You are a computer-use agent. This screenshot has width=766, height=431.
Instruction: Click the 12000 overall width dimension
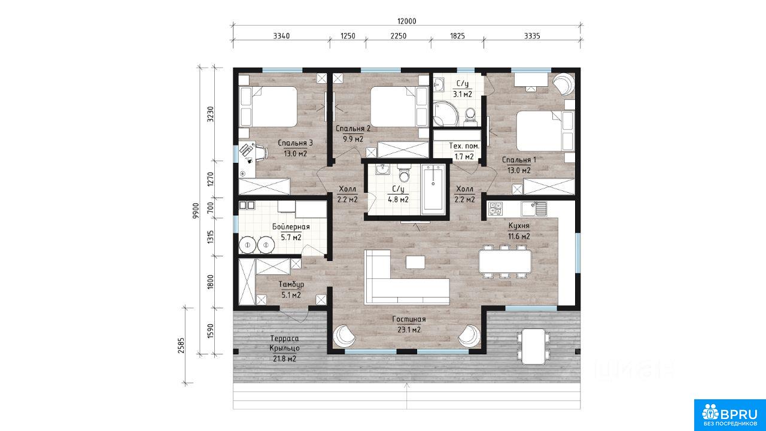[x=406, y=21]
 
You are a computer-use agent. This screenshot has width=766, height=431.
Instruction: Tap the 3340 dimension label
[x=281, y=36]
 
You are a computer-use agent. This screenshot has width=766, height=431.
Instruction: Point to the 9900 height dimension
[x=196, y=210]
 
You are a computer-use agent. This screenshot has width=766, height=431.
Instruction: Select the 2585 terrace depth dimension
[x=181, y=345]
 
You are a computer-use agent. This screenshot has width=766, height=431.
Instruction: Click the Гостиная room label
[x=409, y=319]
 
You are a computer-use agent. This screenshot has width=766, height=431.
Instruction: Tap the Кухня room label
[x=519, y=226]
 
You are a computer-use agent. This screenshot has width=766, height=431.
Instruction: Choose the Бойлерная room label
[x=291, y=227]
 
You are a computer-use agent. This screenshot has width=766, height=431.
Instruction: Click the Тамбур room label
[x=291, y=284]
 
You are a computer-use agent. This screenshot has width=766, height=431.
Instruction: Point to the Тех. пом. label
[x=464, y=146]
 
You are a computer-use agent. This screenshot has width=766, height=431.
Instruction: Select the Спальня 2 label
[x=353, y=129]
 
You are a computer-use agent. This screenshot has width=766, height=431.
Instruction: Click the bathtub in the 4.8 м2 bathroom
[x=433, y=190]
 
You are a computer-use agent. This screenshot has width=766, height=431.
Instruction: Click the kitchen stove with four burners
[x=496, y=209]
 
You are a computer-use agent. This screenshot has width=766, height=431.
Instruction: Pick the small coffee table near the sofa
[x=415, y=262]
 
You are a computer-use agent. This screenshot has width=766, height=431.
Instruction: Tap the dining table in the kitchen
[x=505, y=262]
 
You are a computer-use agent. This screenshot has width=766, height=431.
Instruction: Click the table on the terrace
[x=533, y=346]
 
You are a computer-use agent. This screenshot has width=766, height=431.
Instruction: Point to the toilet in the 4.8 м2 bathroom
[x=404, y=174]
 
